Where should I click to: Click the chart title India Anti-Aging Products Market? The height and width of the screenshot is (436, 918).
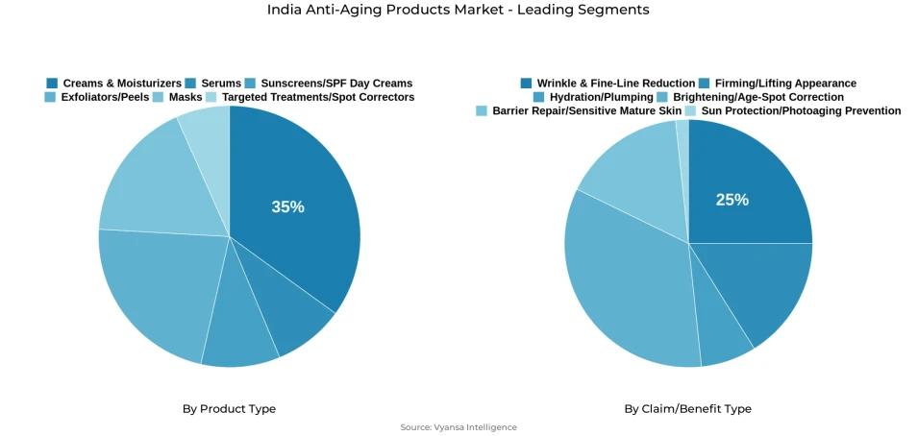[459, 10]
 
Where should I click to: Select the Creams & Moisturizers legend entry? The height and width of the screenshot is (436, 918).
[114, 84]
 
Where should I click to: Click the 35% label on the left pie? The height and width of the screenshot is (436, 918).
[287, 206]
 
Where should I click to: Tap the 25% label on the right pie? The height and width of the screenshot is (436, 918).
[732, 200]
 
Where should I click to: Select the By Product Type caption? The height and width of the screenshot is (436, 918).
[229, 409]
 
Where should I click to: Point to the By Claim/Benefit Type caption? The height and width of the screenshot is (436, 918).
[687, 409]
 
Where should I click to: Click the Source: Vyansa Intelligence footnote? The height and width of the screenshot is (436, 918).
[459, 427]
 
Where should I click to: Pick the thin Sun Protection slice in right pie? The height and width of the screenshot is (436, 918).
[682, 134]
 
